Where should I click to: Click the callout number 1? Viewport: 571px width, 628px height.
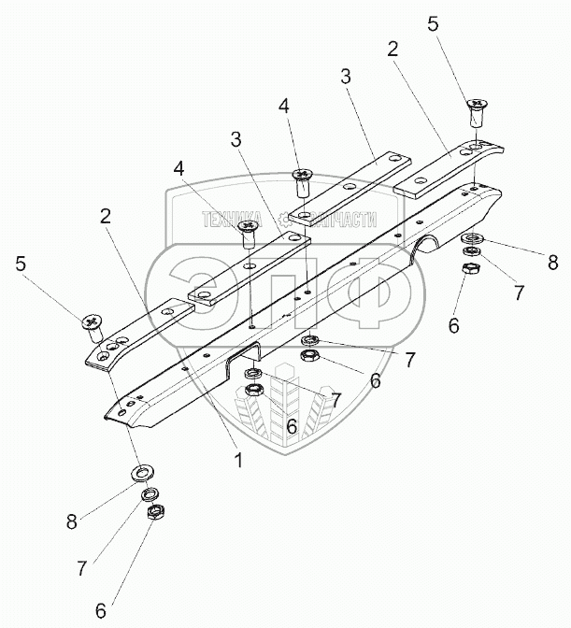(x=237, y=460)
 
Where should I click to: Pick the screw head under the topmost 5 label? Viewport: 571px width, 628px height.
(x=477, y=104)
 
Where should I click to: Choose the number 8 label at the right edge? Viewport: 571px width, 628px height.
(x=552, y=262)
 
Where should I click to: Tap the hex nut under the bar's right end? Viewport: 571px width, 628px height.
(x=470, y=268)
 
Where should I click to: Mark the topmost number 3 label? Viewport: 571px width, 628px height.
(x=345, y=78)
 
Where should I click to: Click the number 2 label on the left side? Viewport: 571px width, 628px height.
(x=107, y=216)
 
